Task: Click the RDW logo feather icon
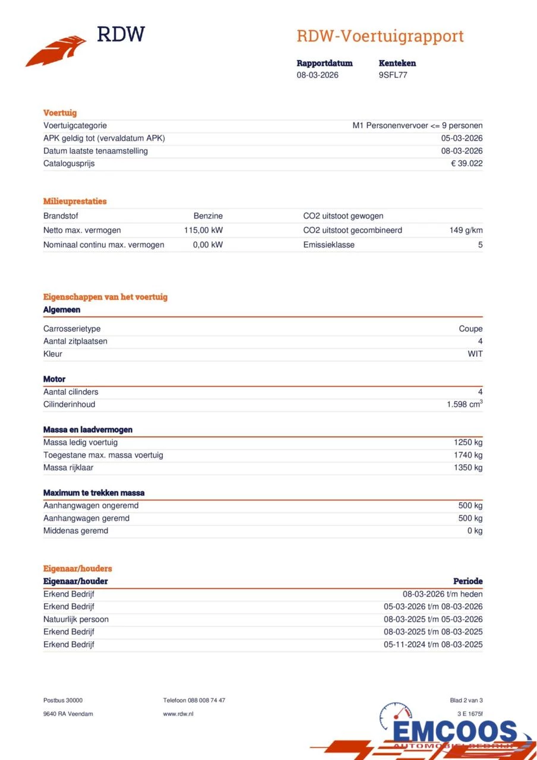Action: [56, 51]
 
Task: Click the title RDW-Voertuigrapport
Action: [380, 36]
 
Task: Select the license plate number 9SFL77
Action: [393, 75]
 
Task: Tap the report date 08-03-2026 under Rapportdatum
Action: [317, 75]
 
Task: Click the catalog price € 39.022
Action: [467, 163]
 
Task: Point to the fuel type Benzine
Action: [208, 216]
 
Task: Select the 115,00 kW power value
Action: [203, 230]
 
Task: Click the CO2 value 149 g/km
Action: [466, 230]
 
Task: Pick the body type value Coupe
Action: [470, 328]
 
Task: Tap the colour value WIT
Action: [475, 354]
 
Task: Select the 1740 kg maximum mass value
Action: [468, 455]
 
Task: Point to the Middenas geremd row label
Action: [75, 531]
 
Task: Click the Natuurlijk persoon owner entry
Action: [76, 619]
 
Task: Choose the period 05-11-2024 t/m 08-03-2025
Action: [433, 645]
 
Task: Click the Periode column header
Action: [467, 581]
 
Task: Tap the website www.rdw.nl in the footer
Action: [178, 714]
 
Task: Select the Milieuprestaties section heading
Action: [75, 201]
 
